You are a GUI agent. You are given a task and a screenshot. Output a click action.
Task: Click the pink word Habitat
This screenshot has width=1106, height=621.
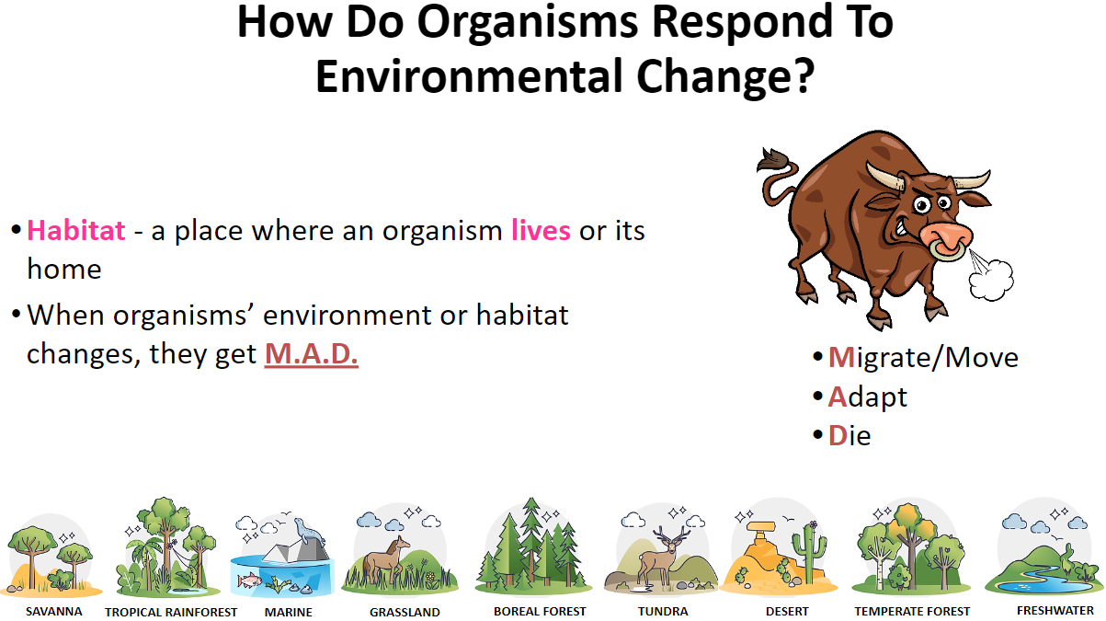tap(76, 231)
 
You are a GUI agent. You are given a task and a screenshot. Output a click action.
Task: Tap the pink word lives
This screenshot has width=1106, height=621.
tap(541, 230)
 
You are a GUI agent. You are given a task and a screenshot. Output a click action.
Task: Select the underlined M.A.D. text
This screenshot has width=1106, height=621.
tap(311, 353)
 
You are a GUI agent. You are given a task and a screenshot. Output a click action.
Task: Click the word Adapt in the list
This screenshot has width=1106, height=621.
tap(868, 397)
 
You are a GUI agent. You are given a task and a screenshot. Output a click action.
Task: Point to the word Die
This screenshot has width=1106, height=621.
tap(849, 435)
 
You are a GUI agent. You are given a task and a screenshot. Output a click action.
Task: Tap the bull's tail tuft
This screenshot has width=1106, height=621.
tap(772, 162)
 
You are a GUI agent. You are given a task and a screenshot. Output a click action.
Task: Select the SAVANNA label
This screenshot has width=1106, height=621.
tap(54, 612)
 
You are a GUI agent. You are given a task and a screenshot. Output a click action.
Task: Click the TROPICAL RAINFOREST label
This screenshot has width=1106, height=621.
tap(171, 612)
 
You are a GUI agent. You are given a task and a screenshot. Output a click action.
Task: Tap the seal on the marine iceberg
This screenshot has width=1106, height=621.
tap(309, 531)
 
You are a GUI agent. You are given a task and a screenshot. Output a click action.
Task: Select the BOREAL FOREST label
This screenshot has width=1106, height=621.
tap(540, 612)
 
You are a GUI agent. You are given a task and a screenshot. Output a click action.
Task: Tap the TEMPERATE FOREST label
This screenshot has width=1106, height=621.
tap(912, 612)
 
